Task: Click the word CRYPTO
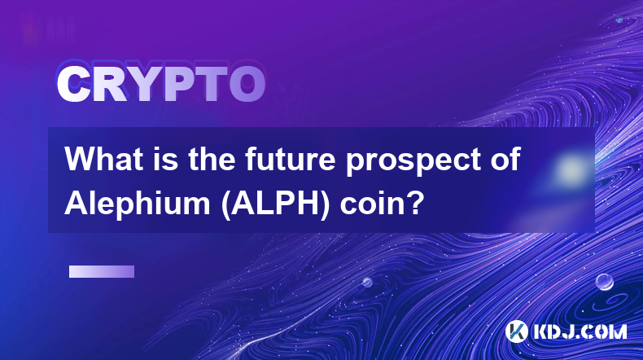(161, 84)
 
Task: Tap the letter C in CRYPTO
(73, 84)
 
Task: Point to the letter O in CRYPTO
(247, 84)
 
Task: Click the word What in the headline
(104, 159)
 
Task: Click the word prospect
(412, 162)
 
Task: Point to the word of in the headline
(505, 159)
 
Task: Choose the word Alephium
(138, 204)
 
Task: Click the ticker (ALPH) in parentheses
(275, 204)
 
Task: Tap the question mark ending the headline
(416, 203)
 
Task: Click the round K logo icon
(516, 331)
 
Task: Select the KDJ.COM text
(580, 331)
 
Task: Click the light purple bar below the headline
(102, 271)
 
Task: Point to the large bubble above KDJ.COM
(605, 282)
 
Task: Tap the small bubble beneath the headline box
(367, 282)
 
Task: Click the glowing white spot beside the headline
(571, 169)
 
